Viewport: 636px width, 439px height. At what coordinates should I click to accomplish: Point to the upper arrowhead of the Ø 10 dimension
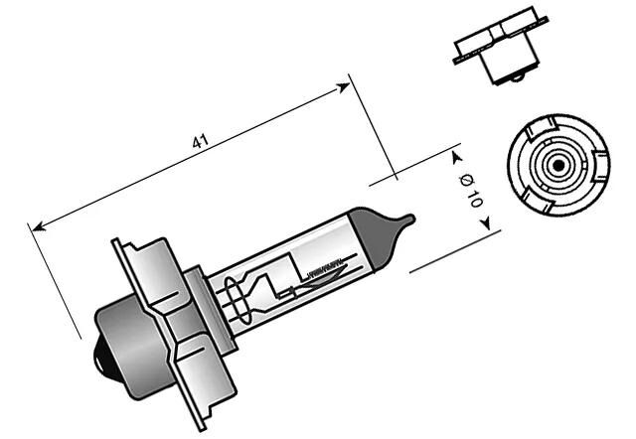(456, 156)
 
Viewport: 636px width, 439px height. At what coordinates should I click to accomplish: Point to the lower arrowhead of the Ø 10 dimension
(487, 222)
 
